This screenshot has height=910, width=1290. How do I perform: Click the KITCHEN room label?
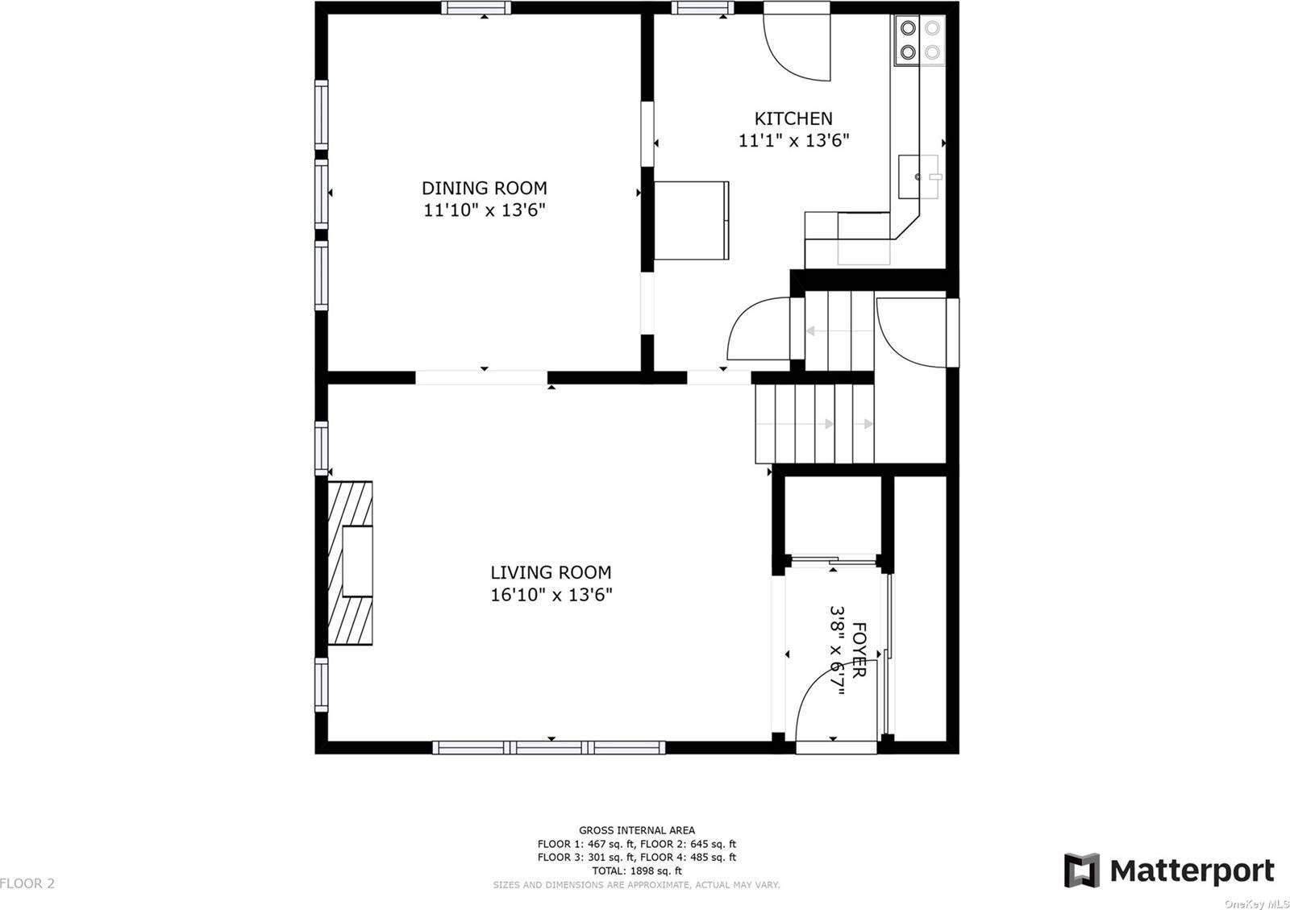793,118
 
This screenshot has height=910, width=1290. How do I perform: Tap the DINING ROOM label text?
485,189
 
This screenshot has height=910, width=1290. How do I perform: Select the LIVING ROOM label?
551,573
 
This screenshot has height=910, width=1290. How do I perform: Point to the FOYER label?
858,650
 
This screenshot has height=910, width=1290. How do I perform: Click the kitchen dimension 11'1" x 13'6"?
793,140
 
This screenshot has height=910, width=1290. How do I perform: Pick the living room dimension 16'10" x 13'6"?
551,595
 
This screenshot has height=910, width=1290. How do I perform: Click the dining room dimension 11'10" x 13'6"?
485,210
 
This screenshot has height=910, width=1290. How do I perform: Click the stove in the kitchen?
920,40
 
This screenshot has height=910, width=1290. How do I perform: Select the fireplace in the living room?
350,563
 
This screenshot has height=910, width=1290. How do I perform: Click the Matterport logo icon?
1081,870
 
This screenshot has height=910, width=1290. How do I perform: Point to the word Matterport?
1192,871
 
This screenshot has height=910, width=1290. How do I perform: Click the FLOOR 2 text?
27,883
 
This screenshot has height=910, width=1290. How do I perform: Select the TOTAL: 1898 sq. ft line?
637,871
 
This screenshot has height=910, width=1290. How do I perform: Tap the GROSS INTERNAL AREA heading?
637,830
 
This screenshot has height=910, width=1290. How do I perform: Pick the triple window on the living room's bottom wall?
549,748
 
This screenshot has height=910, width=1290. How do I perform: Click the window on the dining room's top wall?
476,7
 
